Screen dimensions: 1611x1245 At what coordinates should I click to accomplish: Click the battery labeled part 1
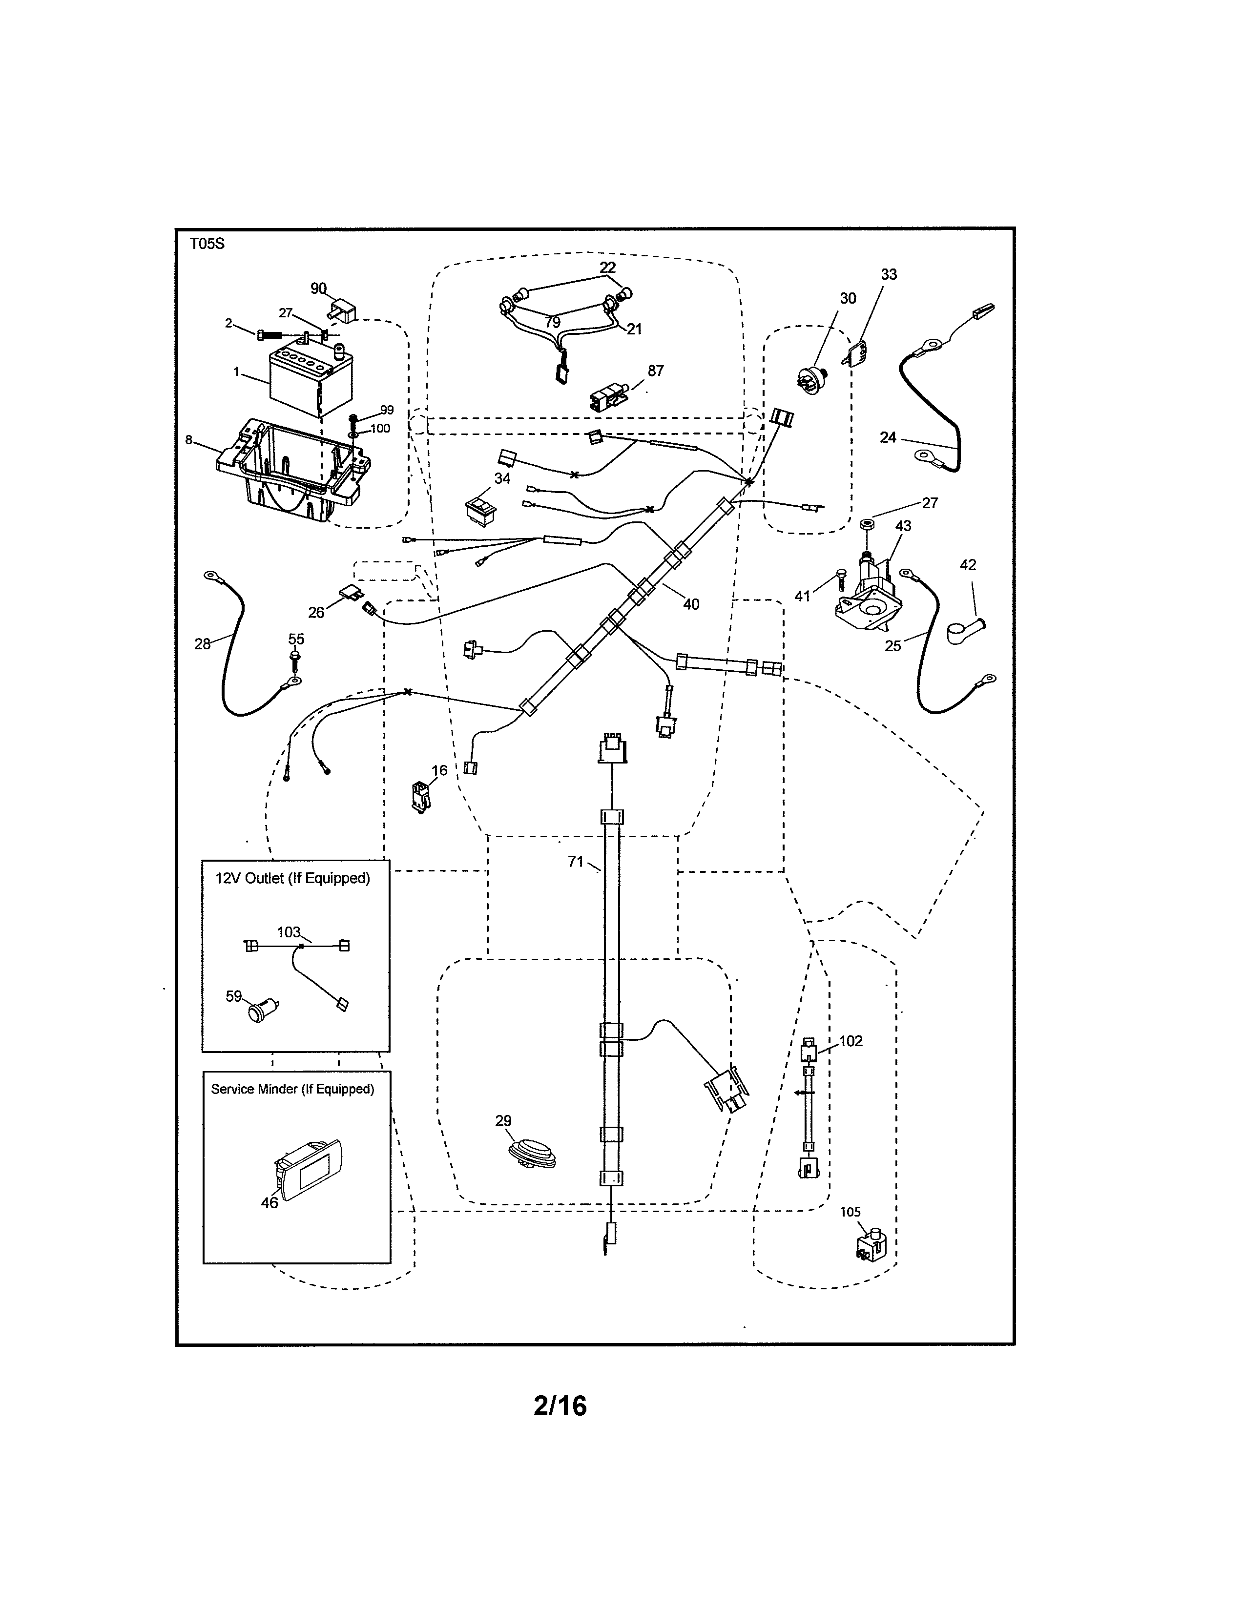pos(310,382)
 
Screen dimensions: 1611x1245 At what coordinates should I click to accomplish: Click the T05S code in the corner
pos(207,244)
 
